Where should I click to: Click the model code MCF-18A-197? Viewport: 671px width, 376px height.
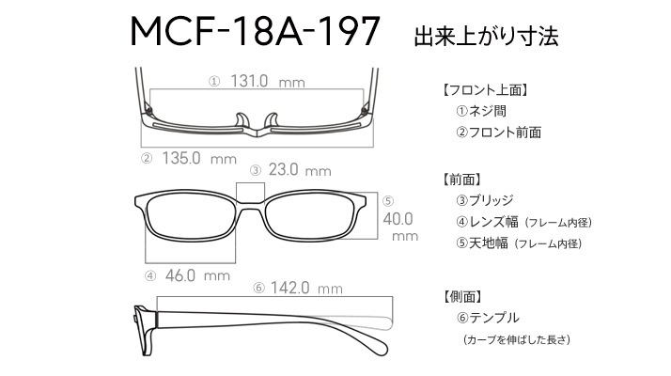[x=255, y=31]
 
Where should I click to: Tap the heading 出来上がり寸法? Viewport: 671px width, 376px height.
[x=486, y=37]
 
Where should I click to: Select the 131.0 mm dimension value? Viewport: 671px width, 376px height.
[x=268, y=81]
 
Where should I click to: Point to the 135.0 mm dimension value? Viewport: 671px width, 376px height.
[x=199, y=159]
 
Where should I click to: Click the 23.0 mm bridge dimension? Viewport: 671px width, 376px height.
[x=300, y=170]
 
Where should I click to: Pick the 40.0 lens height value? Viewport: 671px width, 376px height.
[x=398, y=219]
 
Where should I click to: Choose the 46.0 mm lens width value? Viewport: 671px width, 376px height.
[x=197, y=275]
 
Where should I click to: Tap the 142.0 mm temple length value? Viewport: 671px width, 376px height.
[x=306, y=288]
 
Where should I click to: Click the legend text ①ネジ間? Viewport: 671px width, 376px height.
[x=481, y=111]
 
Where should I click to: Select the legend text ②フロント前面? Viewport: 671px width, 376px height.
[x=498, y=133]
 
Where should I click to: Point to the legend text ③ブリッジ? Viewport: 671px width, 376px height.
[x=484, y=200]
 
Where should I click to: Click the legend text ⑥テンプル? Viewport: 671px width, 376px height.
[x=488, y=318]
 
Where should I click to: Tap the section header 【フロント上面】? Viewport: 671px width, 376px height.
[x=484, y=90]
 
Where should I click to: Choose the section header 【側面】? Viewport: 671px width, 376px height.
[x=462, y=296]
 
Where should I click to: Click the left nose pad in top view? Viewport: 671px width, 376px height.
[x=242, y=120]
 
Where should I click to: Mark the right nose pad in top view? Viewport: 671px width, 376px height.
[x=273, y=120]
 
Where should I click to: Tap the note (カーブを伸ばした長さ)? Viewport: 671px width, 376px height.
[x=517, y=340]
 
